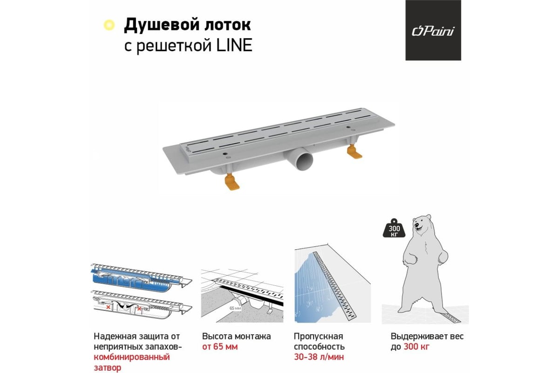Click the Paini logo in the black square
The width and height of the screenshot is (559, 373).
point(433,32)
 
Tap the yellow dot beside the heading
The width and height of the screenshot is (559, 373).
point(109,25)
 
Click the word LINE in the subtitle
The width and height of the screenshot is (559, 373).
point(234,45)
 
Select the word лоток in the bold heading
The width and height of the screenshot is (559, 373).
point(228,25)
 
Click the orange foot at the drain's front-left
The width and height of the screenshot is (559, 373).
point(232,182)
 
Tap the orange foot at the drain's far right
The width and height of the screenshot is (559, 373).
point(354,152)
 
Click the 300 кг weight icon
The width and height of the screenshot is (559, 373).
point(394,228)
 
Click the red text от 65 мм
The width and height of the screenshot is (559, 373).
point(220,347)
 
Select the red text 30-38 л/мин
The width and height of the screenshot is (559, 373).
point(319,357)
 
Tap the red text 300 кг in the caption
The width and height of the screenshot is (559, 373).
point(416,347)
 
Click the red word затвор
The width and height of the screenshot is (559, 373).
point(108,368)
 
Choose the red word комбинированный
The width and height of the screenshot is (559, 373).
point(132,357)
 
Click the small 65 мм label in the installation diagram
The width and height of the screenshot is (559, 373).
point(235,308)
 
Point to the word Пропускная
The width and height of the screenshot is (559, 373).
point(319,336)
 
